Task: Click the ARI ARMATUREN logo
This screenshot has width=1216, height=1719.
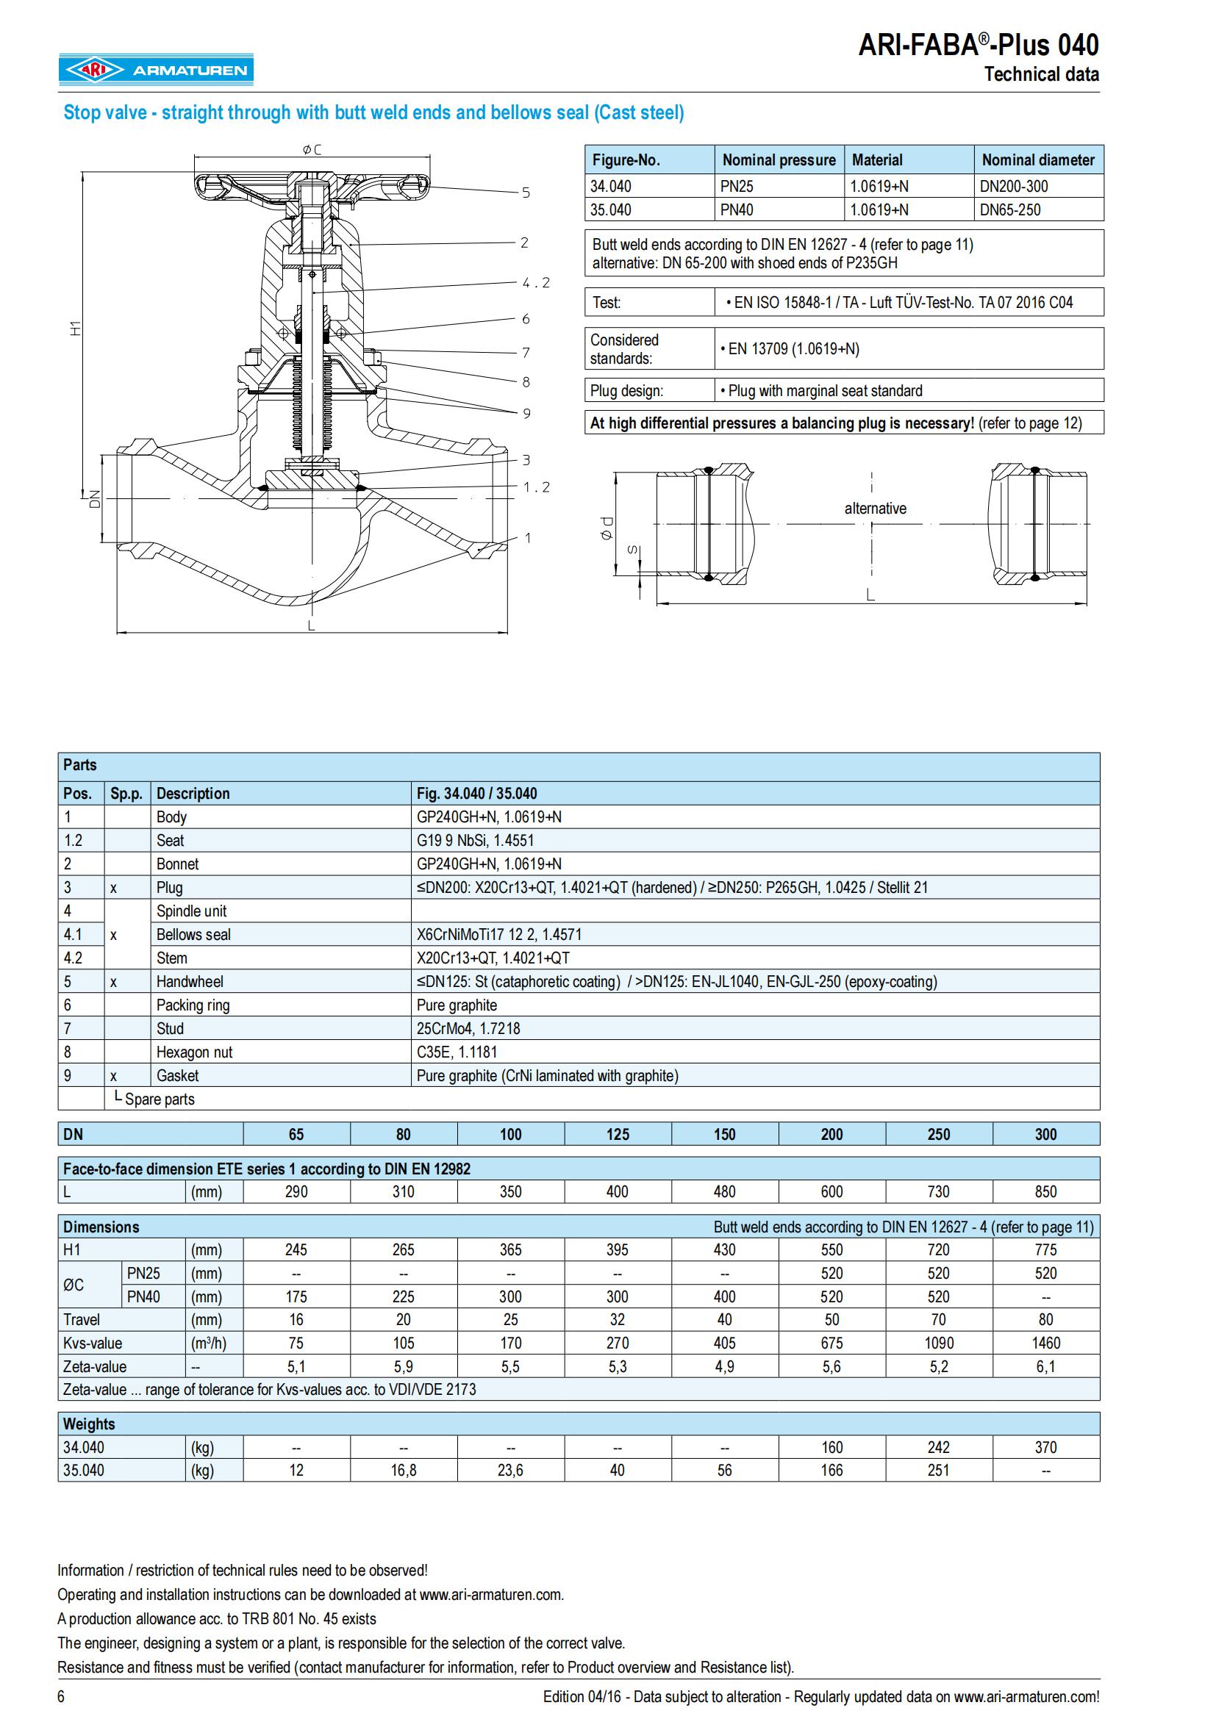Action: pos(156,70)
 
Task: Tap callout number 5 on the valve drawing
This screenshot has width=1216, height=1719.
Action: pos(526,193)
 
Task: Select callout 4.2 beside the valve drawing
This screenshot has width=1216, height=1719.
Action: pos(536,283)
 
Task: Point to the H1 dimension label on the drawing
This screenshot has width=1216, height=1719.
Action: pos(75,328)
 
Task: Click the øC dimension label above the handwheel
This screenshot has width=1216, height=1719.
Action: pos(312,150)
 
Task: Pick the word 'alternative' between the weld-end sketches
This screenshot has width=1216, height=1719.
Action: pos(875,509)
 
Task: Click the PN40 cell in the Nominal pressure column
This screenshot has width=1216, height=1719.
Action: pos(737,209)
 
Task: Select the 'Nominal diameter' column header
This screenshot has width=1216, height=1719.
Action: pos(1038,159)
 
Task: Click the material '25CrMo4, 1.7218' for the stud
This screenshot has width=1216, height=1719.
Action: pos(468,1028)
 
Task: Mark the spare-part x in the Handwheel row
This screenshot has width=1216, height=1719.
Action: pos(113,982)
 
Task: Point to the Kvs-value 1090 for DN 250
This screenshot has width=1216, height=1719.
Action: pos(938,1343)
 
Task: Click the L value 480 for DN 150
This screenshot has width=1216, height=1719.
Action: pos(724,1192)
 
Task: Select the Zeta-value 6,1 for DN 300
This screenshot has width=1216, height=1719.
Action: pos(1045,1366)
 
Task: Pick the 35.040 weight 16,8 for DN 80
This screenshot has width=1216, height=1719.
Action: pos(403,1470)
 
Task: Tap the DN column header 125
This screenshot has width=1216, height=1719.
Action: pos(617,1134)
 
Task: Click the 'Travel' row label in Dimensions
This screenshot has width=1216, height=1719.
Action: pos(82,1320)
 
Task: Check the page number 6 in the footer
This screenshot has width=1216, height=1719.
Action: pos(62,1696)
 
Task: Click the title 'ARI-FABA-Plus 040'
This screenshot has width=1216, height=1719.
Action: pos(978,46)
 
